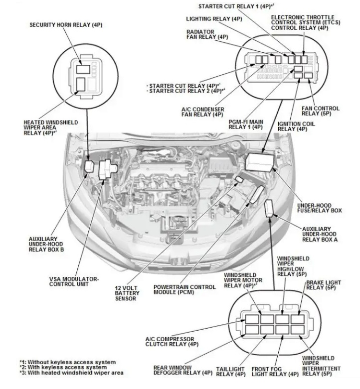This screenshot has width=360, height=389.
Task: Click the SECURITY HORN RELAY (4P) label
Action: click(66, 25)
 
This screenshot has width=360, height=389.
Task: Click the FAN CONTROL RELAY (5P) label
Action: click(320, 111)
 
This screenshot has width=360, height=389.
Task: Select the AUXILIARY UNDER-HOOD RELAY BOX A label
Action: click(320, 234)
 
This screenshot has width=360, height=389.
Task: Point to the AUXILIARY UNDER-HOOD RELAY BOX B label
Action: click(46, 244)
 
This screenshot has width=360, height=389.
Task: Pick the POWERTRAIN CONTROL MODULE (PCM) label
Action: click(184, 290)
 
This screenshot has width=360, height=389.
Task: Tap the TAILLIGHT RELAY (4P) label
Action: click(230, 372)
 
